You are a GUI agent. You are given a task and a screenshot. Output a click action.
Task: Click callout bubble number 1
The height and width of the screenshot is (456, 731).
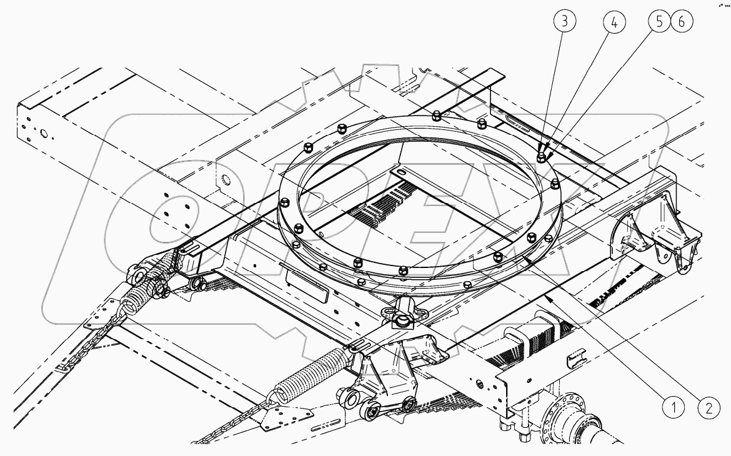674,409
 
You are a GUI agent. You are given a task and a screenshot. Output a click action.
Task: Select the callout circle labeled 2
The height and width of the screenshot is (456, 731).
709,409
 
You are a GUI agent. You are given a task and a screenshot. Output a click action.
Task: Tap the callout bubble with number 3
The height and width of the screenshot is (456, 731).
565,22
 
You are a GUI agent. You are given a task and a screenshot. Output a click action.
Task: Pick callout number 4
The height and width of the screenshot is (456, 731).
614,22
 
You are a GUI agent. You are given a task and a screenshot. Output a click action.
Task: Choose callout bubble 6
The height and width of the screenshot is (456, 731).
680,22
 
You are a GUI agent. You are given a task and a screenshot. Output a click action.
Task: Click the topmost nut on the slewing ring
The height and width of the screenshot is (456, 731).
436,114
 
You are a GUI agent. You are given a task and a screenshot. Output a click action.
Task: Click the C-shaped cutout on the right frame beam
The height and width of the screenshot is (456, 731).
575,360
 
